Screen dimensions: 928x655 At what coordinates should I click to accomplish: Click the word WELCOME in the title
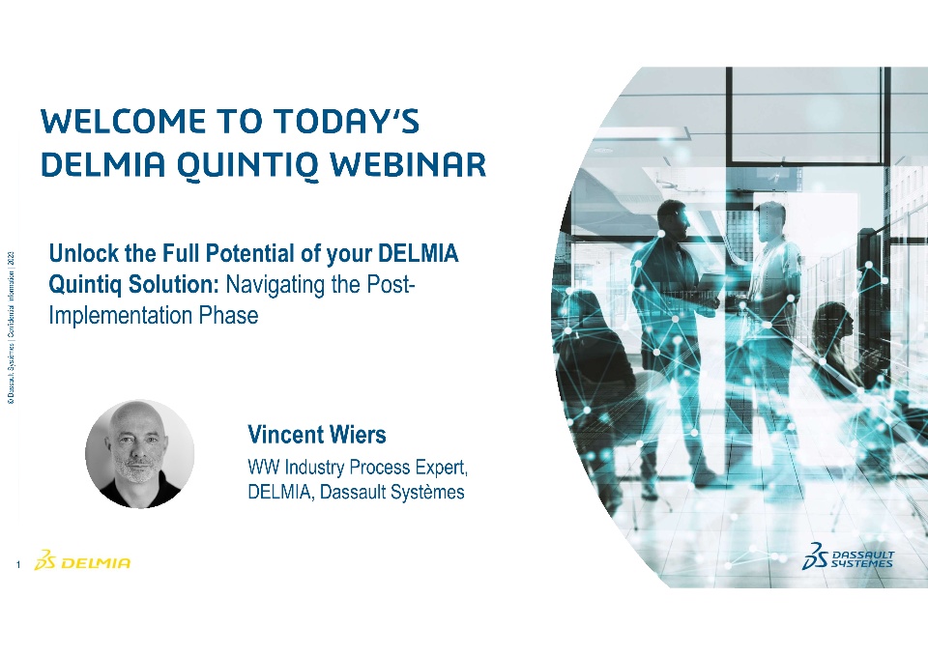point(123,122)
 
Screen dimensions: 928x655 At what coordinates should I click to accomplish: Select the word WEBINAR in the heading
point(408,164)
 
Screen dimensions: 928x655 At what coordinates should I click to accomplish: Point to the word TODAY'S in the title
point(347,121)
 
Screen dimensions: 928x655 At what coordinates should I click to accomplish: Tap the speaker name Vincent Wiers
point(317,435)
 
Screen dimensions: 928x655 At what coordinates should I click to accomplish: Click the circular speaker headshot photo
point(139,454)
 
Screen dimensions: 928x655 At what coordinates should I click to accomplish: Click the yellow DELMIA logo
point(82,560)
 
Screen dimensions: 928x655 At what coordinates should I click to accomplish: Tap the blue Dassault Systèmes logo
point(848,556)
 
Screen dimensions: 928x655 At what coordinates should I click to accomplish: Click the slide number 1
point(18,564)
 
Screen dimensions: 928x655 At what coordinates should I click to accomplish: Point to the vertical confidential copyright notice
point(11,327)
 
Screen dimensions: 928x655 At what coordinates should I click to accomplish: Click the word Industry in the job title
point(314,468)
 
